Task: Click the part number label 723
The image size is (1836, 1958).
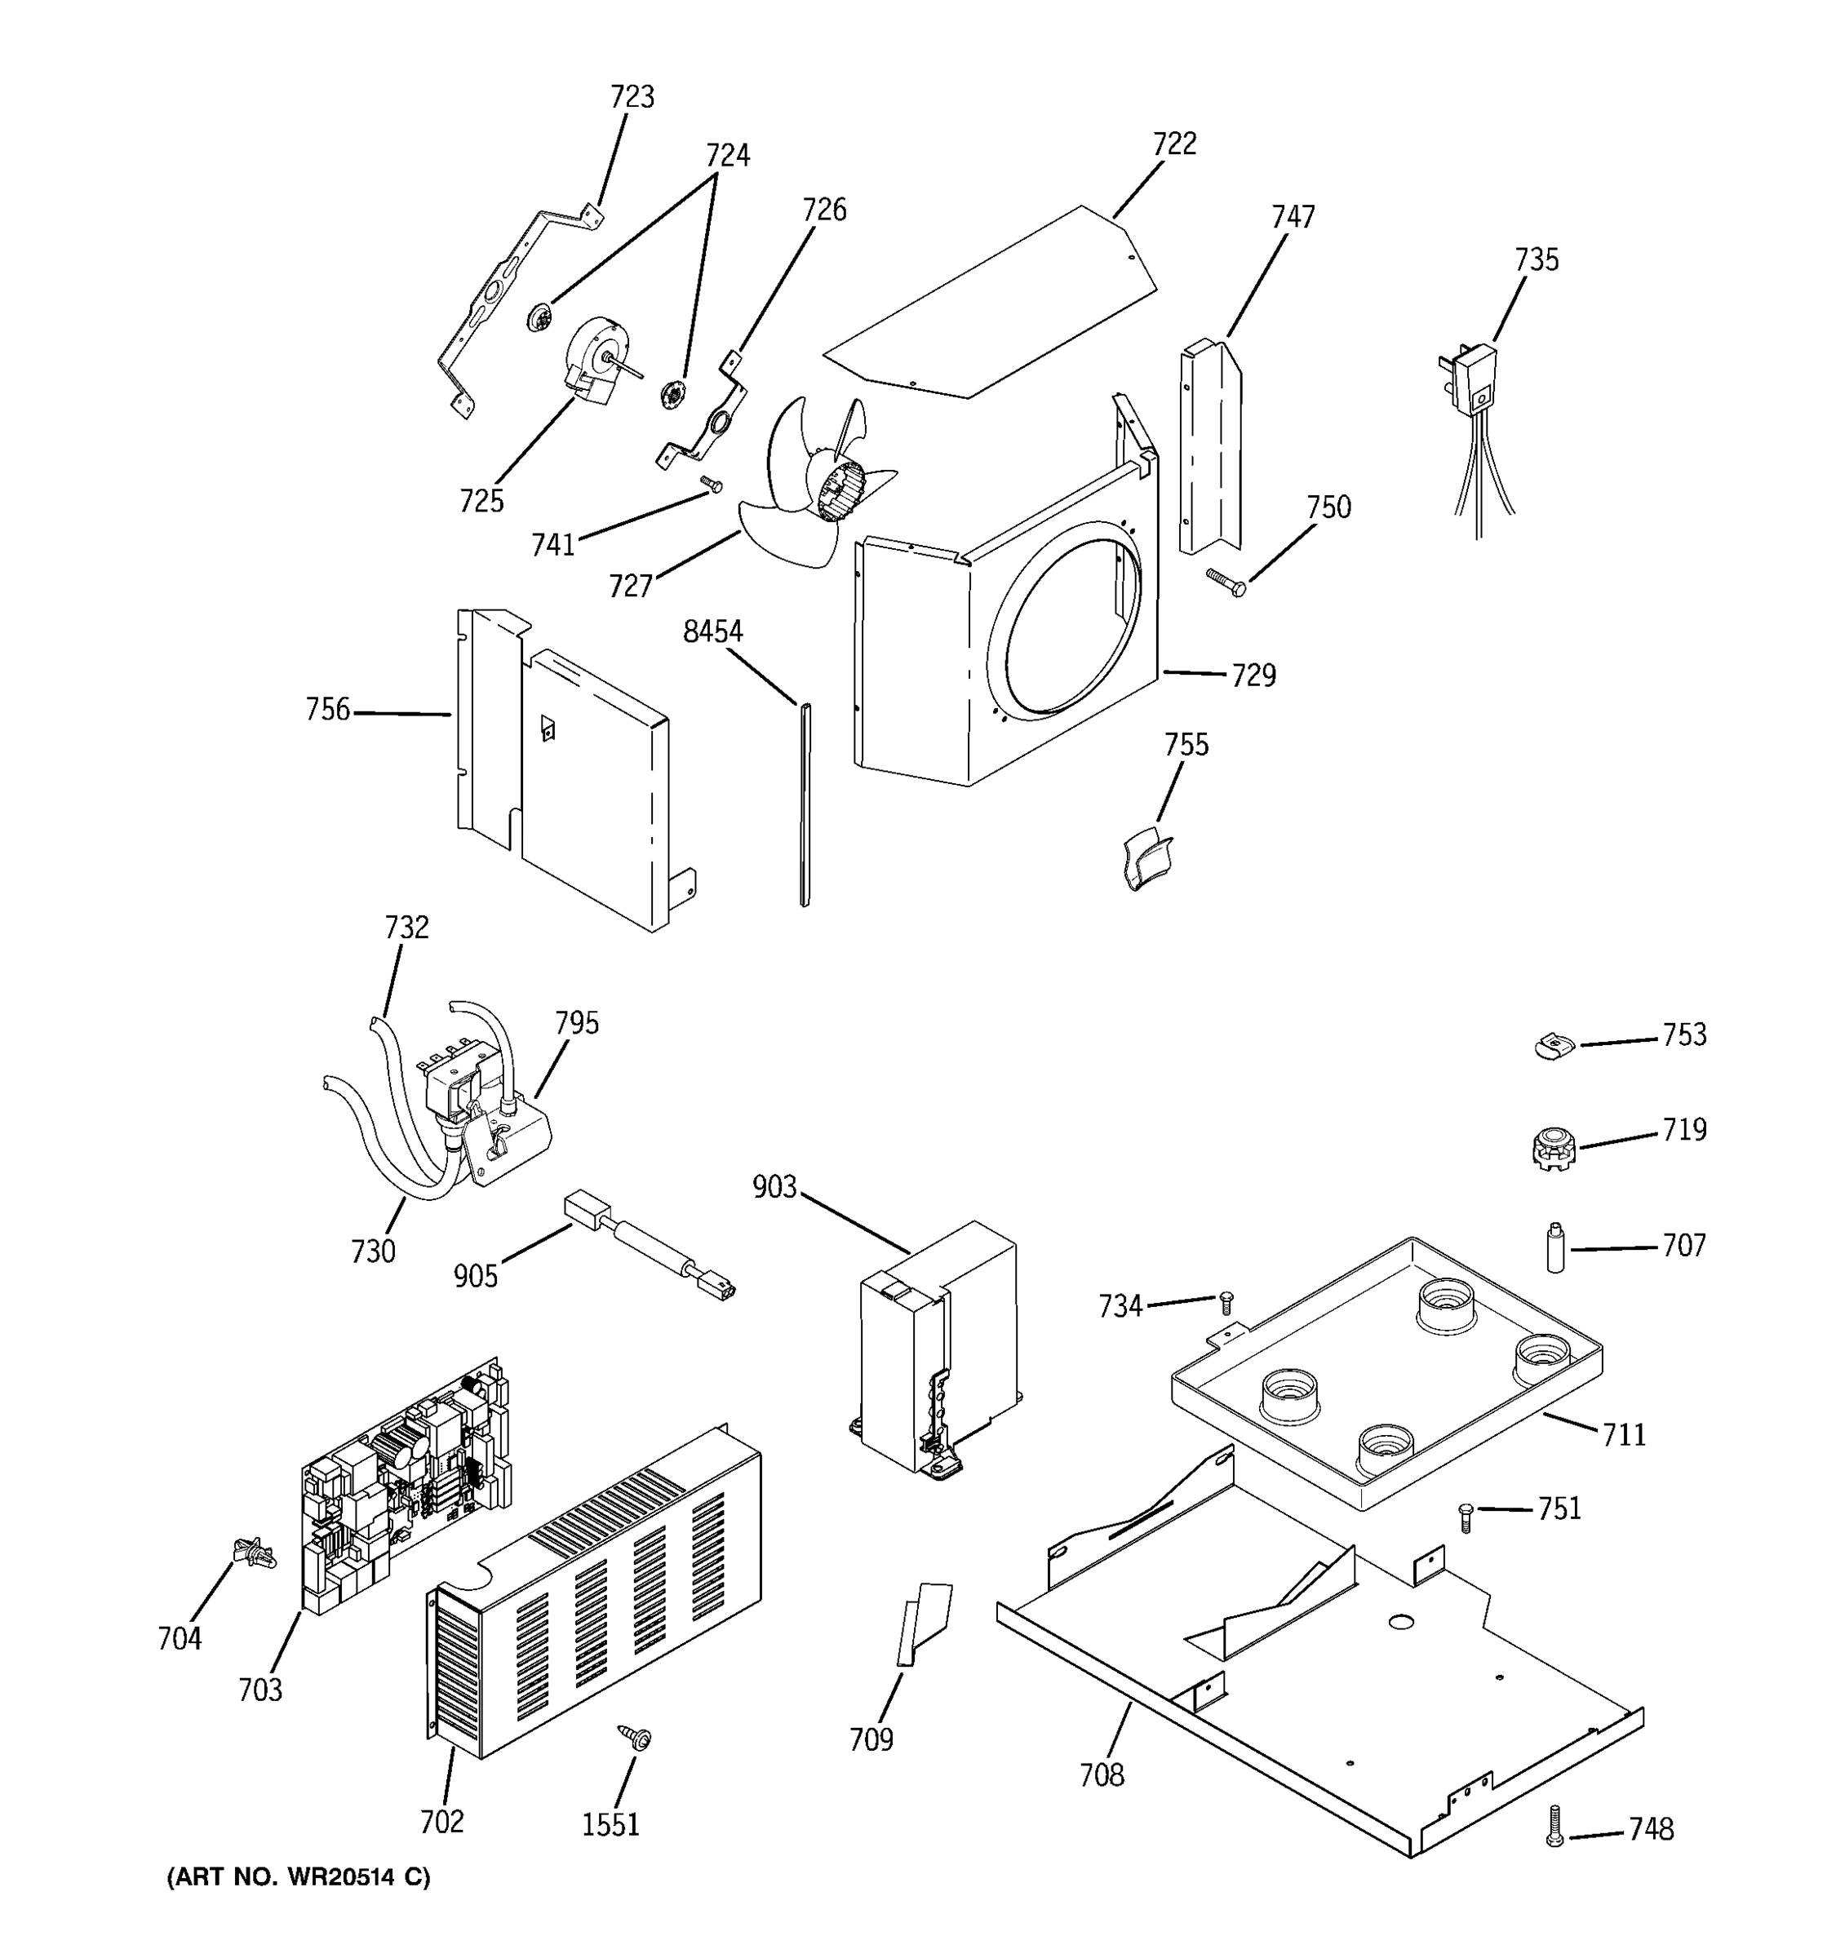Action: coord(632,96)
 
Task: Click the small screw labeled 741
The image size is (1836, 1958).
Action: coord(712,484)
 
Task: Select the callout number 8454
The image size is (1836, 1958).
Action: coord(712,631)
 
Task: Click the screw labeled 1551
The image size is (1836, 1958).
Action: coord(636,1738)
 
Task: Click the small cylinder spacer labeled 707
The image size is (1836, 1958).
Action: coord(1555,1248)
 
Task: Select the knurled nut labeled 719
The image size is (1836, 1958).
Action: coord(1554,1147)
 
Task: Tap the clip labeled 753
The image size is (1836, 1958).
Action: coord(1554,1046)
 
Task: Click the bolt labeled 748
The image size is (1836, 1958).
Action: coord(1554,1826)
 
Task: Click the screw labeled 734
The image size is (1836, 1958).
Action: coord(1226,1302)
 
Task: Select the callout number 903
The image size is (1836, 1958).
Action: coord(774,1188)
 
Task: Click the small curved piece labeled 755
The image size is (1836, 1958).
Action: coord(1146,859)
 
